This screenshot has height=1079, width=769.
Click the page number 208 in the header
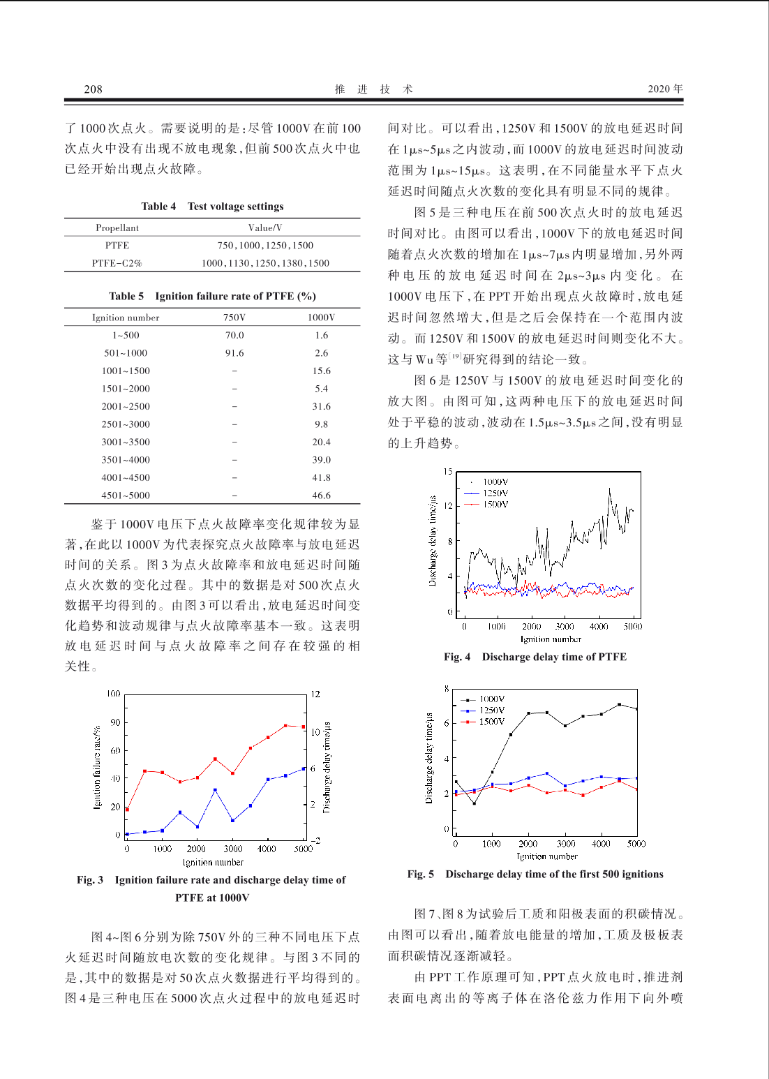pyautogui.click(x=93, y=89)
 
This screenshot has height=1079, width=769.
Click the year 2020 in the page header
pyautogui.click(x=659, y=89)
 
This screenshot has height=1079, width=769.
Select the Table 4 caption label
pyautogui.click(x=158, y=206)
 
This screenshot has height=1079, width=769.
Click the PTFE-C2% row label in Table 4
pyautogui.click(x=117, y=263)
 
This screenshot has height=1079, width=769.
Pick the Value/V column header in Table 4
pyautogui.click(x=265, y=228)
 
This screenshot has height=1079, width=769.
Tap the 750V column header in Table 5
pyautogui.click(x=234, y=318)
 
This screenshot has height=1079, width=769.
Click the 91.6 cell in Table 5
pyautogui.click(x=234, y=353)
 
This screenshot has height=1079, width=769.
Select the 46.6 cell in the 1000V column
pyautogui.click(x=321, y=496)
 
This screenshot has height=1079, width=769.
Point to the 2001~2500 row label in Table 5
pyautogui.click(x=126, y=406)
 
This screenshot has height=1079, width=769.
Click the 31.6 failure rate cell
pyautogui.click(x=321, y=406)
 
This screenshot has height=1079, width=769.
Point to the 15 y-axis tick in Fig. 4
pyautogui.click(x=448, y=472)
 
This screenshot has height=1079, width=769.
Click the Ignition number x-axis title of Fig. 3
pyautogui.click(x=213, y=862)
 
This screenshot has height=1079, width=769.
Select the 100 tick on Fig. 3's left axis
pyautogui.click(x=113, y=694)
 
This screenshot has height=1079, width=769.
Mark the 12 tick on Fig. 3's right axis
pyautogui.click(x=315, y=694)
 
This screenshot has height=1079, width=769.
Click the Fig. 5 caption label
pyautogui.click(x=420, y=874)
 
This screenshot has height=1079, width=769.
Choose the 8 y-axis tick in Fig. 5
pyautogui.click(x=447, y=689)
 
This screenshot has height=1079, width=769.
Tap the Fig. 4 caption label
pyautogui.click(x=457, y=657)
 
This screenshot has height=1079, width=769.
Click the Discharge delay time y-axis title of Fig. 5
pyautogui.click(x=429, y=758)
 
